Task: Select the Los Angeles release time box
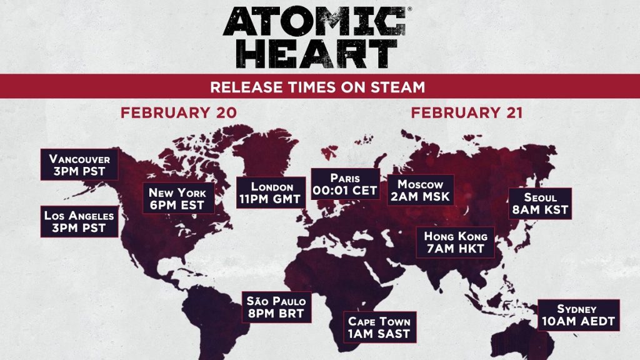pos(79,221)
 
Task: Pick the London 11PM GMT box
pos(272,193)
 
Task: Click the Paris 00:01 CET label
pos(346,184)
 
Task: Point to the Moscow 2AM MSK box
pos(421,190)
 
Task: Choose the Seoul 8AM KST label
pos(541,204)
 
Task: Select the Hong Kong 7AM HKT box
pos(456,242)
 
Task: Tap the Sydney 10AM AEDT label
pos(577,316)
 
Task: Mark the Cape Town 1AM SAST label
pos(379,327)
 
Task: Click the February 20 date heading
pos(179,113)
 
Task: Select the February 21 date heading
pos(467,113)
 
